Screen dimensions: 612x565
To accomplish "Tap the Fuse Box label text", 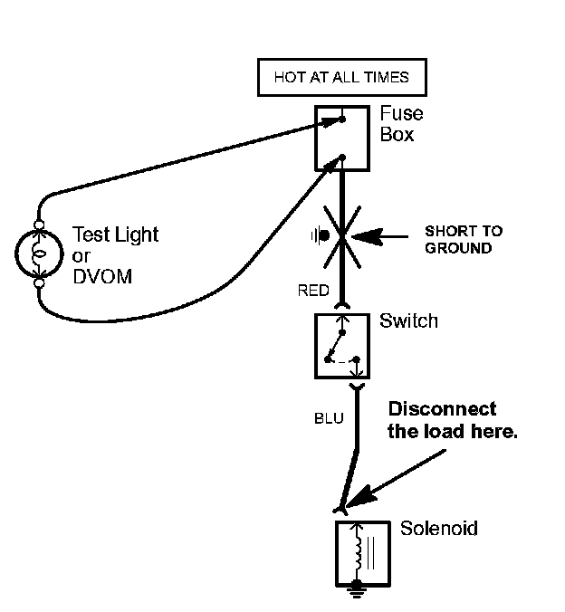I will point(401,125).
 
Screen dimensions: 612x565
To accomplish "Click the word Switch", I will point(408,321).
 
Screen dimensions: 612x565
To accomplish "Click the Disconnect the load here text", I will point(452,420).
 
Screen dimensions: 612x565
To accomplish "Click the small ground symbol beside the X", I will point(320,236).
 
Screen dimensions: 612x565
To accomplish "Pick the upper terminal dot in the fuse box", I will point(343,117).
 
